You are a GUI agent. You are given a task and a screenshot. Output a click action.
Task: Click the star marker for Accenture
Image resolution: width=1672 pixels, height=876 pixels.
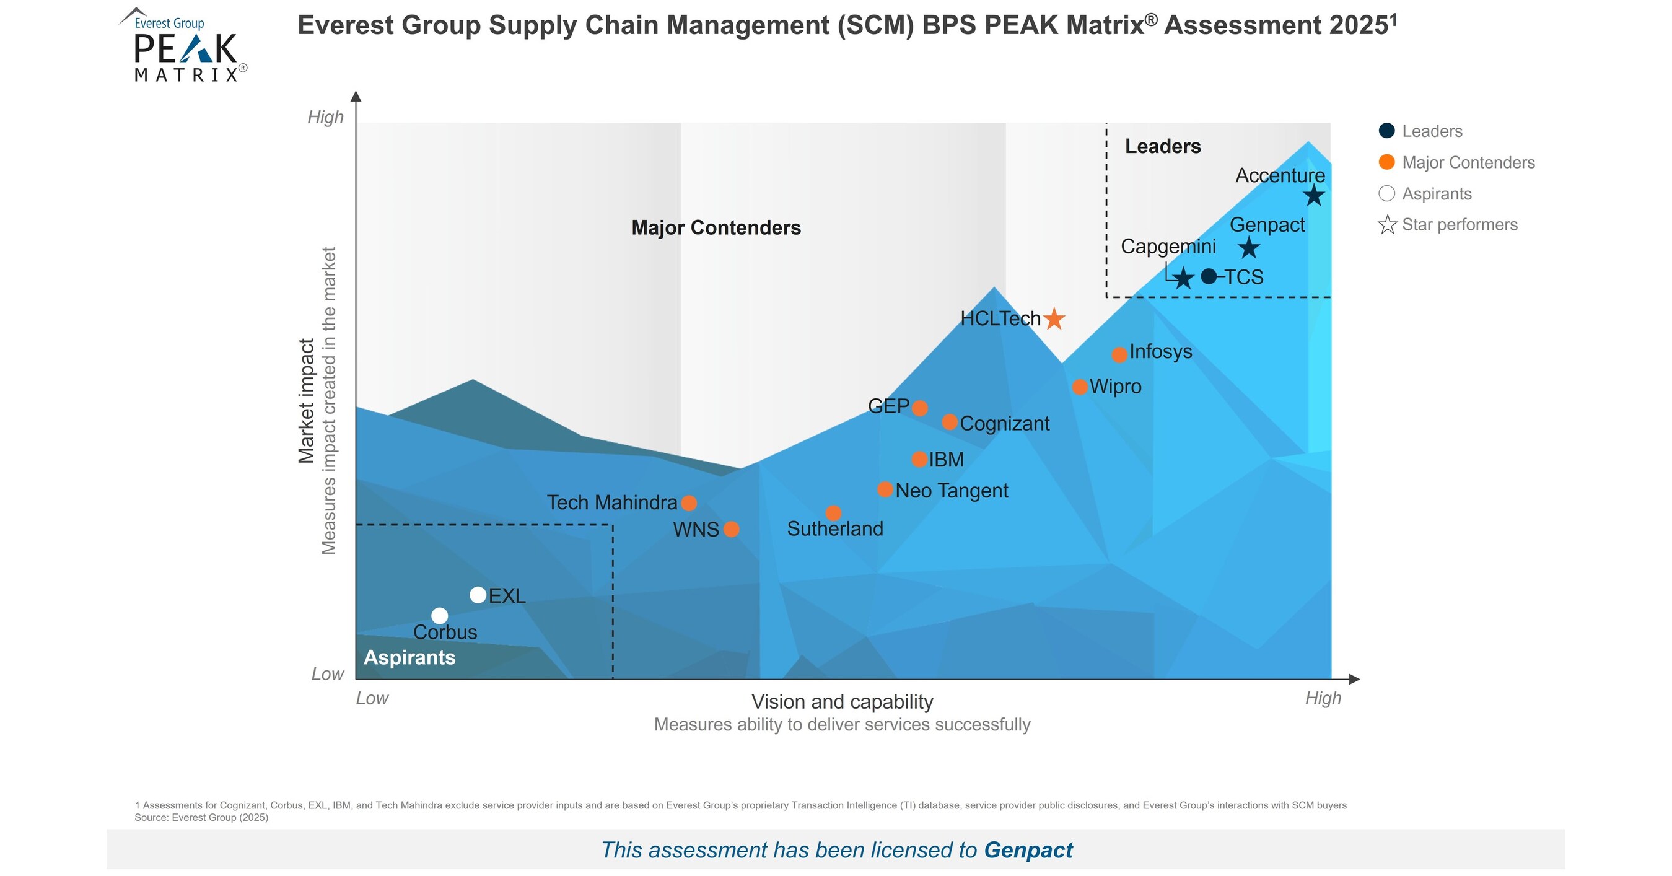pyautogui.click(x=1314, y=195)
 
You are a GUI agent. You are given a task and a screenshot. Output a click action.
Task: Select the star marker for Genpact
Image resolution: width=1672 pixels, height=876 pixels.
pyautogui.click(x=1249, y=248)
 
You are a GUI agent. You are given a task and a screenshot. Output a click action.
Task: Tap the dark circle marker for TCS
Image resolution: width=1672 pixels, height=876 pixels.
pyautogui.click(x=1209, y=276)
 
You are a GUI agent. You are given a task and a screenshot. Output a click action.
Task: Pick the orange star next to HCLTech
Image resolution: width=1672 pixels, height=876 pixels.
pyautogui.click(x=1054, y=318)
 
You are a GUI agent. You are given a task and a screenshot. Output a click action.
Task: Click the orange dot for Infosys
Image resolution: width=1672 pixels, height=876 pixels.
pyautogui.click(x=1119, y=355)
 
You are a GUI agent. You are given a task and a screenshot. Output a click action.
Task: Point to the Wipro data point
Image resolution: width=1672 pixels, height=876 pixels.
pyautogui.click(x=1079, y=387)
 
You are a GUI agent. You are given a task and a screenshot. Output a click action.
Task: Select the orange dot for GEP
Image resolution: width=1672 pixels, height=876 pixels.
pyautogui.click(x=920, y=408)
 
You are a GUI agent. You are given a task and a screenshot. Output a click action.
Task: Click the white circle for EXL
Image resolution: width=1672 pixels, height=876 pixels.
pyautogui.click(x=478, y=595)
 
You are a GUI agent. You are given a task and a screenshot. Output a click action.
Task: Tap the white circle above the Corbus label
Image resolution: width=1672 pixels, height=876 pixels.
pyautogui.click(x=439, y=616)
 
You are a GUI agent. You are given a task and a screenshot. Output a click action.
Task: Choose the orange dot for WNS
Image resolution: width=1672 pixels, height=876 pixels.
pyautogui.click(x=731, y=530)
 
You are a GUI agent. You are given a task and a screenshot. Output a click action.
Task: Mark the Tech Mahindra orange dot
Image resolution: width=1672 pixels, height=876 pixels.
pyautogui.click(x=689, y=503)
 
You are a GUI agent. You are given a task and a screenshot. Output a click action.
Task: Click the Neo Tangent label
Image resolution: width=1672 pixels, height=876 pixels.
pyautogui.click(x=952, y=491)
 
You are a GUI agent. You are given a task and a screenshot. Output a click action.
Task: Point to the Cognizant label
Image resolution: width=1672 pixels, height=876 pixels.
pyautogui.click(x=1004, y=424)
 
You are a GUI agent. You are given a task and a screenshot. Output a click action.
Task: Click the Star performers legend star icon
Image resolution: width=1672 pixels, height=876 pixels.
pyautogui.click(x=1387, y=224)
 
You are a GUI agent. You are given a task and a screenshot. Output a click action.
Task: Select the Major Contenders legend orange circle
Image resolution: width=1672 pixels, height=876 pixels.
pyautogui.click(x=1386, y=162)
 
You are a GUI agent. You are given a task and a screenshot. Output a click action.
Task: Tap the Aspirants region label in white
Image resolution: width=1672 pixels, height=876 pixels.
pyautogui.click(x=409, y=657)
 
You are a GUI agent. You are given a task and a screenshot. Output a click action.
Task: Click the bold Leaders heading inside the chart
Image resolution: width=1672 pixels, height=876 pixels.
pyautogui.click(x=1163, y=147)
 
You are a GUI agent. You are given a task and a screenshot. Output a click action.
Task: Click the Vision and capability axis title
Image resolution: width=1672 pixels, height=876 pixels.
pyautogui.click(x=842, y=701)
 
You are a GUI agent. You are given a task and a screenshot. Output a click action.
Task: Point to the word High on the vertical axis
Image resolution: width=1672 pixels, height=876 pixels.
pyautogui.click(x=325, y=118)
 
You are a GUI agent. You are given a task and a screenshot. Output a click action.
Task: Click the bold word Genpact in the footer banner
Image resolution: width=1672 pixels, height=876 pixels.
pyautogui.click(x=1028, y=850)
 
